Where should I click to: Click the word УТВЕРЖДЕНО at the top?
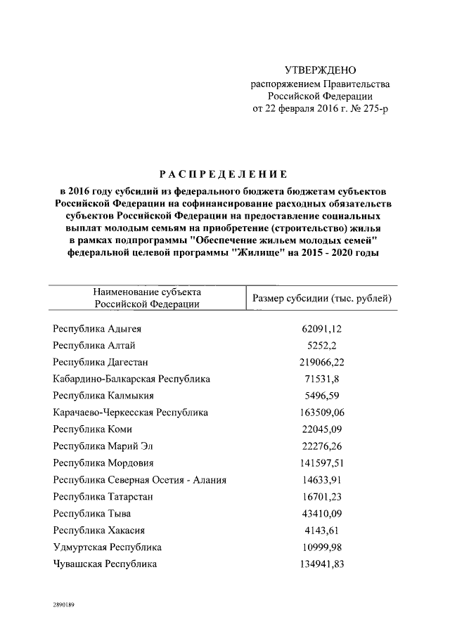(320, 70)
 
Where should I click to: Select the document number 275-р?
(374, 109)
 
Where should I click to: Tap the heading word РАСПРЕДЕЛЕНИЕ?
(222, 174)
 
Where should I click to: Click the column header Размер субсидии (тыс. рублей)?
(322, 298)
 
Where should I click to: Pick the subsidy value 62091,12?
(321, 328)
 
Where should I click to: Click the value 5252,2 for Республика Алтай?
(321, 345)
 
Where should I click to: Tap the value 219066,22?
(321, 362)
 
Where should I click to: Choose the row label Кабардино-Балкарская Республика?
(131, 379)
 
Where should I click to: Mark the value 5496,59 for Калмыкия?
(321, 396)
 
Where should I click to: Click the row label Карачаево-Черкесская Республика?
(131, 413)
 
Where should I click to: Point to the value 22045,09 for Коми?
(321, 429)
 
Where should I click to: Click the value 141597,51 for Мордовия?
(321, 463)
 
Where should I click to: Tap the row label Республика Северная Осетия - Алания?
(139, 480)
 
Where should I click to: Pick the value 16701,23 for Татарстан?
(321, 497)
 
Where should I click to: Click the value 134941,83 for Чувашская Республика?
(321, 564)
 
